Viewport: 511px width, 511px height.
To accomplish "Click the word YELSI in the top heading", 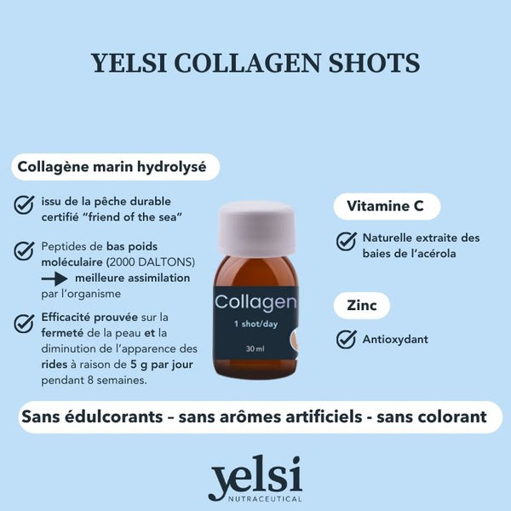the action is point(129,62).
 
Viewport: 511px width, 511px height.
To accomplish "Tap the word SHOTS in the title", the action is point(374,62).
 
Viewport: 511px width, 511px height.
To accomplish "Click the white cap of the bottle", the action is point(256,228).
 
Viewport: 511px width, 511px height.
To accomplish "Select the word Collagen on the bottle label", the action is point(255,303).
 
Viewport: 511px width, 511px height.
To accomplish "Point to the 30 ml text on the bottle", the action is point(255,348).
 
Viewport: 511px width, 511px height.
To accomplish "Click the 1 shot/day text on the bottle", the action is point(255,324).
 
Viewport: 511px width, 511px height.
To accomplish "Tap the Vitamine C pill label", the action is point(387,206).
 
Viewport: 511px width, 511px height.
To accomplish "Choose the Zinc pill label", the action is point(362,306).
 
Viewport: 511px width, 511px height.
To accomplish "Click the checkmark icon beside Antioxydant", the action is point(346,339).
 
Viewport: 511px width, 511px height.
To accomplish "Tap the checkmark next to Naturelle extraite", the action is point(346,241).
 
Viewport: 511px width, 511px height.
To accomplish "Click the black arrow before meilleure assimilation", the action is point(55,278).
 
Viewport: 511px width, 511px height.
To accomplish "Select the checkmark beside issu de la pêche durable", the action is point(24,204).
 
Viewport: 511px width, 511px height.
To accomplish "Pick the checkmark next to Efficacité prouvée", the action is point(24,324).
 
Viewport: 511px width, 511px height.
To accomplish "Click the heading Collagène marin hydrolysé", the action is point(112,167).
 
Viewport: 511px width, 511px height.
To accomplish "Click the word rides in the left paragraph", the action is point(55,365).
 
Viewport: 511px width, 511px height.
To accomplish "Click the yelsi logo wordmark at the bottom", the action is point(255,476).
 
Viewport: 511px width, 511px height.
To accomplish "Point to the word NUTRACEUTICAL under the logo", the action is point(265,499).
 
